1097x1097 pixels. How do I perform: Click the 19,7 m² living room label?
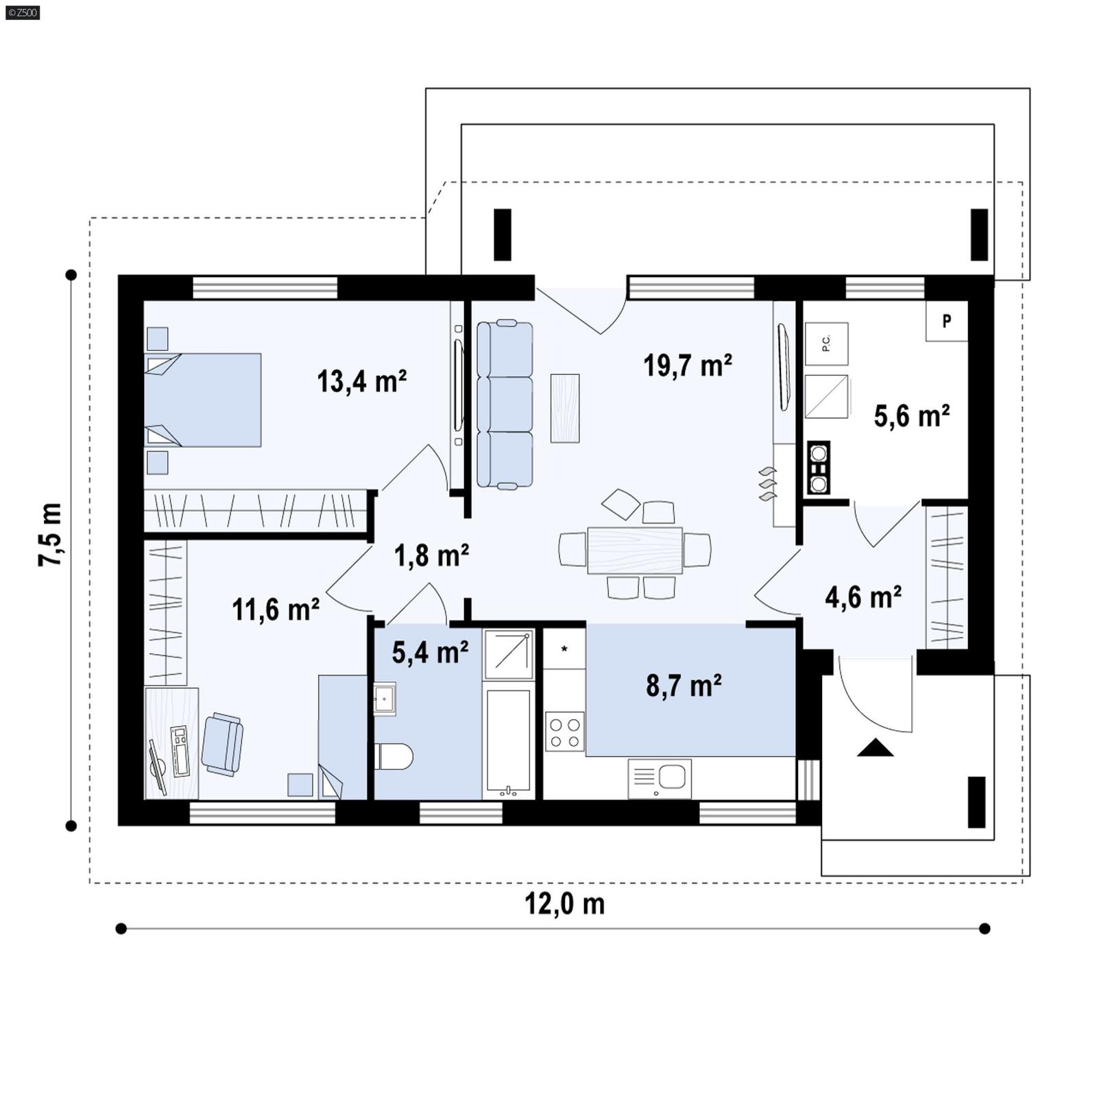tap(687, 365)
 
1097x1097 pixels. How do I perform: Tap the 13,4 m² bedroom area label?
tap(361, 381)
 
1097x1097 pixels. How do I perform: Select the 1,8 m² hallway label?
tap(431, 555)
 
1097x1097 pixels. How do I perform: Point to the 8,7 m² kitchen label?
tap(684, 685)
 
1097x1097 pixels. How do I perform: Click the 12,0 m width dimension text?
tap(564, 904)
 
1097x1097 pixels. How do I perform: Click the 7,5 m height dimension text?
tap(50, 534)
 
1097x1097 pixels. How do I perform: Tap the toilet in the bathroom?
tap(394, 756)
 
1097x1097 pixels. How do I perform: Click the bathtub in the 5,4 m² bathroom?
tap(508, 740)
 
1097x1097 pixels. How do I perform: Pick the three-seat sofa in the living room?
tap(505, 405)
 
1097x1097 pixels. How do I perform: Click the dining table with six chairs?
tap(635, 550)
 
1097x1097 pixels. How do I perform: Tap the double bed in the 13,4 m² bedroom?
tap(203, 400)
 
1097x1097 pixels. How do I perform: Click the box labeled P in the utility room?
tap(946, 321)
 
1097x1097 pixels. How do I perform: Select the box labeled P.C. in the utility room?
tap(826, 343)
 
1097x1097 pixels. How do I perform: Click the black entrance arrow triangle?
tap(875, 747)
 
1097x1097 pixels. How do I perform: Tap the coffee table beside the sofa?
tap(565, 408)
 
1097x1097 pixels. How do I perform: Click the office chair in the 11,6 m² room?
tap(222, 744)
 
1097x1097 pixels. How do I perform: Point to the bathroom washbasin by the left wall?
tap(384, 699)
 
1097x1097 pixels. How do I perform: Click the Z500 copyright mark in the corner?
tap(22, 12)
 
